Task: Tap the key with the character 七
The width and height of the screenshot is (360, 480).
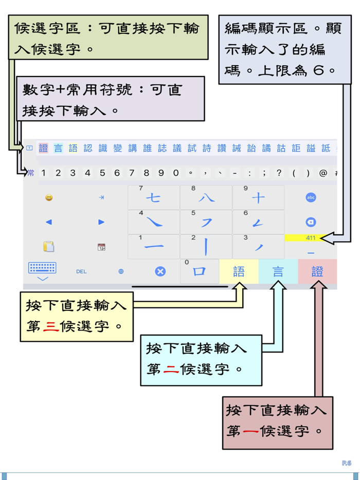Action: tap(153, 197)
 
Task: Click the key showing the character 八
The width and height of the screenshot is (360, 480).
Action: tap(206, 197)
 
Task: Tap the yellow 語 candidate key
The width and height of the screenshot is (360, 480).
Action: tap(239, 271)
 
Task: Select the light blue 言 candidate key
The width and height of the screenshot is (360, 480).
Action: tap(278, 271)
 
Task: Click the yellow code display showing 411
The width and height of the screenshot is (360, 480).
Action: tap(311, 238)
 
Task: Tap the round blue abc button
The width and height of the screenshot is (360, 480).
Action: tap(311, 197)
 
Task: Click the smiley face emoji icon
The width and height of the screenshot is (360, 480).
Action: tap(49, 197)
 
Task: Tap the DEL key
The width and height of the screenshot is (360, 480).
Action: tap(81, 271)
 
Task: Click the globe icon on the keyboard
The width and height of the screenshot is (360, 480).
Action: tap(121, 271)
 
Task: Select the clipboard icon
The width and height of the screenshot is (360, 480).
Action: tap(49, 247)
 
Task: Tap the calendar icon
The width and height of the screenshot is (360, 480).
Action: tap(101, 247)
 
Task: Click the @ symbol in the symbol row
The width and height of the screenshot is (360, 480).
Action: tap(323, 173)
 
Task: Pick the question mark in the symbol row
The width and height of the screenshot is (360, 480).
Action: tap(279, 173)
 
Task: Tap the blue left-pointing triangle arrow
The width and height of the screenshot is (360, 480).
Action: tap(49, 222)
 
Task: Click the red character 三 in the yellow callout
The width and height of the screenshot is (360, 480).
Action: tap(51, 326)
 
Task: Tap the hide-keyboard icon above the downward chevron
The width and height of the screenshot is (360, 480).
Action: tap(42, 268)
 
